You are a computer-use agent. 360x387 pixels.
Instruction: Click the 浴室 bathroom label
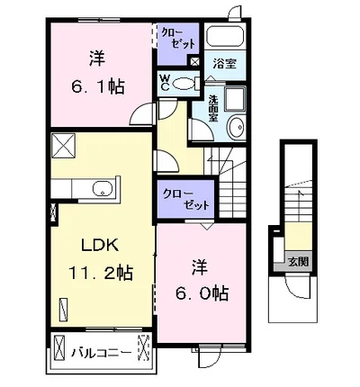coord(225,64)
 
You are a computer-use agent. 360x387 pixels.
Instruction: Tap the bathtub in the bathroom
coord(225,37)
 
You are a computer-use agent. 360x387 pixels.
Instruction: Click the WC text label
coord(165,83)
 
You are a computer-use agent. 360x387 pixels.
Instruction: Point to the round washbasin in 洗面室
coord(237,128)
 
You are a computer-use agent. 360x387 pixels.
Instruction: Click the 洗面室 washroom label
coord(213,108)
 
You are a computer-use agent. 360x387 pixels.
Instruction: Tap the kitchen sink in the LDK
coord(103,189)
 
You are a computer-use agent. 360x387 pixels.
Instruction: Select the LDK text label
coord(100,246)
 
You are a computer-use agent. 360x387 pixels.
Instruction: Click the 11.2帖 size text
coord(101,273)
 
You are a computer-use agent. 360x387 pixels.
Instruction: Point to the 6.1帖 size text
coord(98,86)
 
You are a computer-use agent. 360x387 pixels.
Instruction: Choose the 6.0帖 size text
coord(202,293)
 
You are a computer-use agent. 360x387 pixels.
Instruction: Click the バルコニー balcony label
coord(101,353)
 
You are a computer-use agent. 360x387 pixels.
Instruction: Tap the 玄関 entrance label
coord(299,262)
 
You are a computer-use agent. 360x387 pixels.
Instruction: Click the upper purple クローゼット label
coord(178,39)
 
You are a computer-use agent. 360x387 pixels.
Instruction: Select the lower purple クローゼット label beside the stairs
coord(185,200)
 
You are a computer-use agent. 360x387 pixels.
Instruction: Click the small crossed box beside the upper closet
coord(194,62)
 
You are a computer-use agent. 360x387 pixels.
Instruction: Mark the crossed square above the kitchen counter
coord(63,146)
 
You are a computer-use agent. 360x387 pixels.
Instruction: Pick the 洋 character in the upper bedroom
coord(97,58)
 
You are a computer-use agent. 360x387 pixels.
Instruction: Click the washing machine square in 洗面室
coord(235,99)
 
